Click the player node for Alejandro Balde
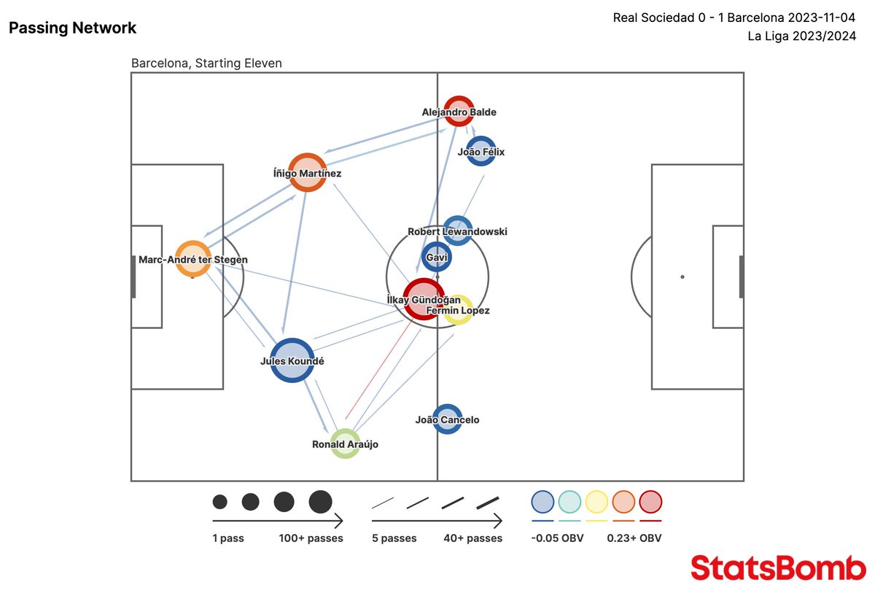click(459, 111)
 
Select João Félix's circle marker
click(481, 151)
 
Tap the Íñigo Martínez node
click(307, 172)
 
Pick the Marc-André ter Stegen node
click(193, 258)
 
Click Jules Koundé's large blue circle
click(292, 360)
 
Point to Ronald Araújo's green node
click(345, 443)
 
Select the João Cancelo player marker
click(447, 419)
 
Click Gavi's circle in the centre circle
click(437, 258)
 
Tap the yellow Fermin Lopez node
click(458, 309)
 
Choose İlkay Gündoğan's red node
click(423, 298)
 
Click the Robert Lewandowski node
click(457, 231)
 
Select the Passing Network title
click(72, 28)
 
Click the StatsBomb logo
click(778, 568)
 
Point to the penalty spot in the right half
click(682, 276)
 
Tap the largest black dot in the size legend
click(320, 502)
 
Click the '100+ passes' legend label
click(311, 538)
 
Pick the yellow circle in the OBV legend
click(596, 502)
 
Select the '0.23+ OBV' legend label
click(634, 538)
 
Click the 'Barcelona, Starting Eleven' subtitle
click(206, 63)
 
